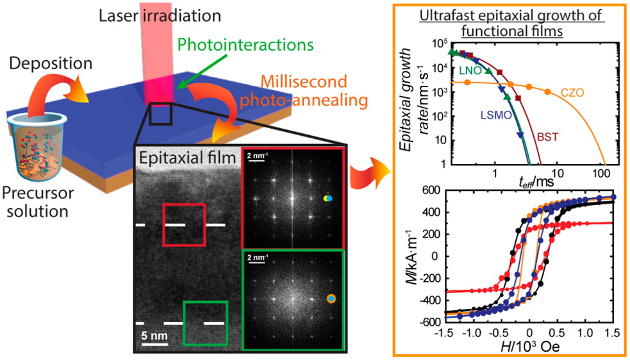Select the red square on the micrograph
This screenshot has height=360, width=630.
pos(184,224)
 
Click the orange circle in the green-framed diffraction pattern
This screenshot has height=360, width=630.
pos(331,298)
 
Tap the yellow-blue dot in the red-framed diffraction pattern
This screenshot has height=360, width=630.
pos(328,199)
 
